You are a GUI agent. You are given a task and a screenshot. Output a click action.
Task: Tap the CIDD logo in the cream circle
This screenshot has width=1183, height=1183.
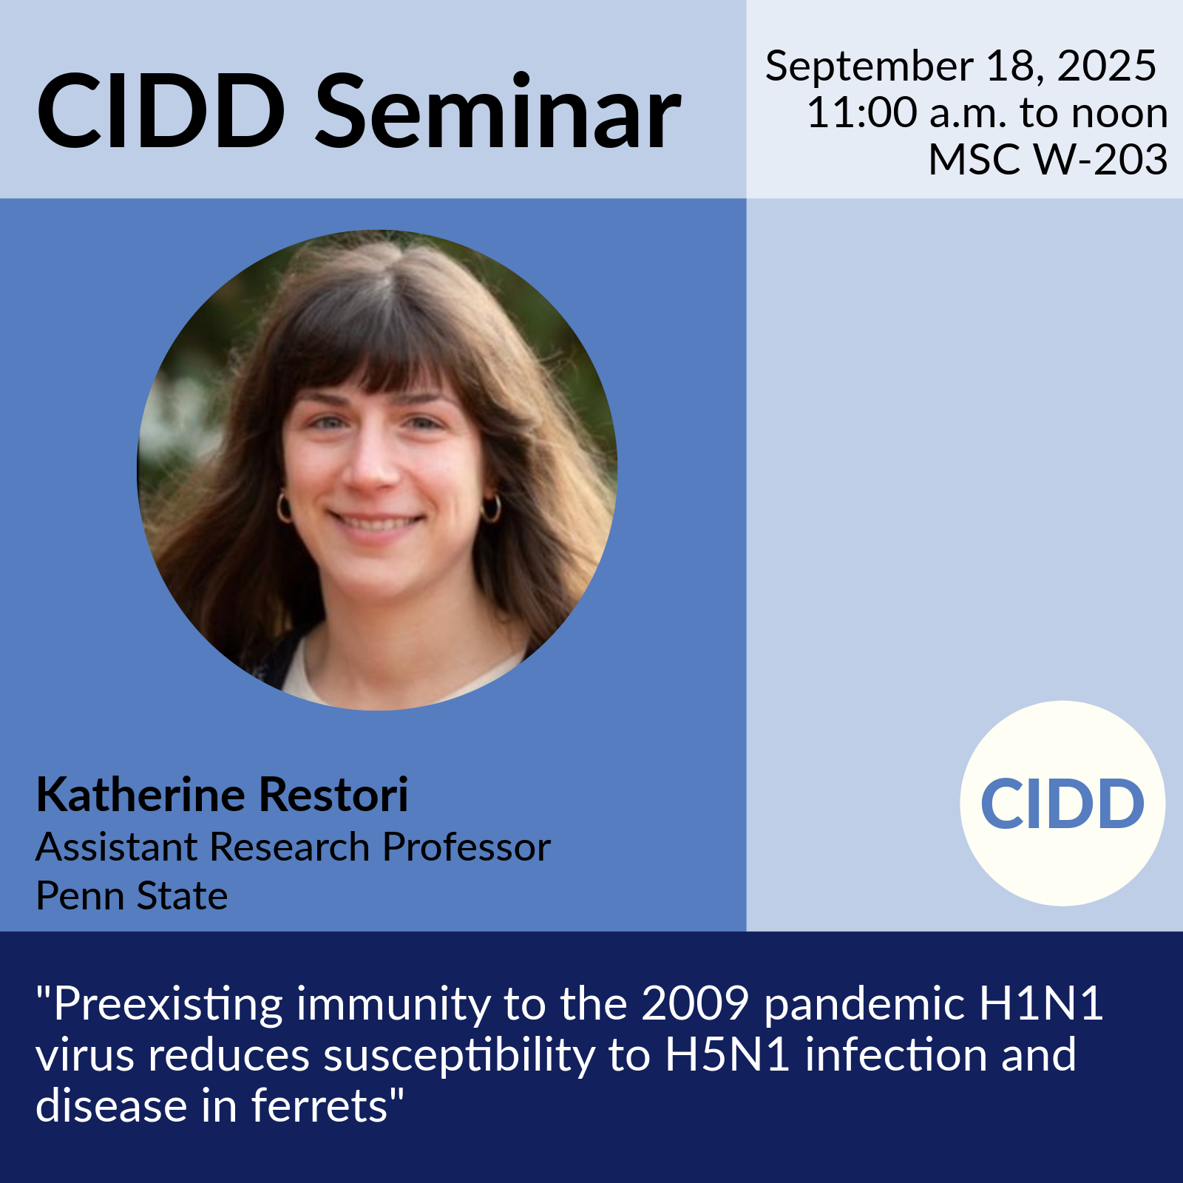click(1062, 804)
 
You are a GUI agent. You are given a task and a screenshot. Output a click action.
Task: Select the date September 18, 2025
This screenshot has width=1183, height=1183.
click(960, 66)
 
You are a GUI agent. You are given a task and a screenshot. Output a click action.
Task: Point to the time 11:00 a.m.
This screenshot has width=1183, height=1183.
click(906, 113)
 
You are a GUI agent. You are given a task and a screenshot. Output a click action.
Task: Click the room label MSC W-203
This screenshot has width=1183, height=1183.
click(1048, 159)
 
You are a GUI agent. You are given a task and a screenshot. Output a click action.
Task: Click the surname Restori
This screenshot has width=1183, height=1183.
click(333, 795)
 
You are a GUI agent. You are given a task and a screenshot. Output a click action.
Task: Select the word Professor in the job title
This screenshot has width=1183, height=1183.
click(467, 847)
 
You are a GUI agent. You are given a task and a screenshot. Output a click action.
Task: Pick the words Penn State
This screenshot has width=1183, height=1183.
click(132, 895)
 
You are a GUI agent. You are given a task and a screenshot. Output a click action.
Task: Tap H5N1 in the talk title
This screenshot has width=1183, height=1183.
click(728, 1055)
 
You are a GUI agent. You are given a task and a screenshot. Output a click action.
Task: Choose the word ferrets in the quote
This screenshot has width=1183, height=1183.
click(319, 1106)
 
